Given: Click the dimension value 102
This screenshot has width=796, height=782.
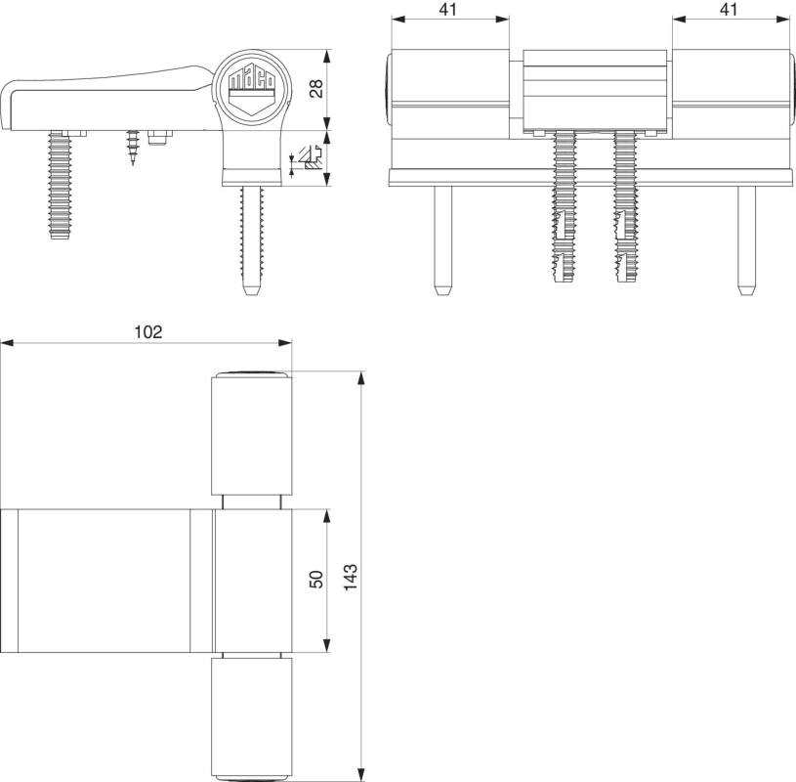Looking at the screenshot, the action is point(148,331).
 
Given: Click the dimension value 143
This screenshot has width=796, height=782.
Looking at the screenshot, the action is point(351,577).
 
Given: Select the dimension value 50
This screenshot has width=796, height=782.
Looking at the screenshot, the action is point(315,580).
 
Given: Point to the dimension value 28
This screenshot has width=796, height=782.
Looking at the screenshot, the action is point(315,88).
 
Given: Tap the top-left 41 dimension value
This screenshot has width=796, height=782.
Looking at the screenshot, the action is point(447,9).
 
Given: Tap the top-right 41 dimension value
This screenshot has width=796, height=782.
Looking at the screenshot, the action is point(729,9).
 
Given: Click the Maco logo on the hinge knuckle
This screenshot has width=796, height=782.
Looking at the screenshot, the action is point(252,88).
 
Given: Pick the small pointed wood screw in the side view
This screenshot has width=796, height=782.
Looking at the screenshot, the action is point(133,148).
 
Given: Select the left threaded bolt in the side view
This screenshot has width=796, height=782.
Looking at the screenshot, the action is point(60,185).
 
